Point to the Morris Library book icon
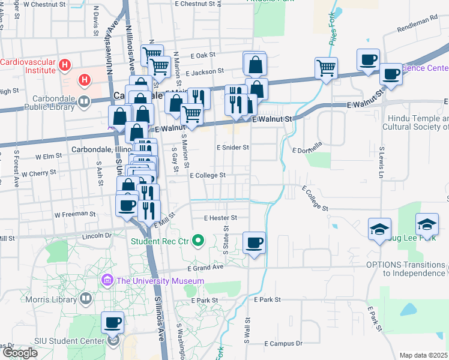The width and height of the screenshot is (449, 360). pos(86,298)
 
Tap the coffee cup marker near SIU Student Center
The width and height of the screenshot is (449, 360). pos(112,323)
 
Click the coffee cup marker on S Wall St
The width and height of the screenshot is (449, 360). pos(254,242)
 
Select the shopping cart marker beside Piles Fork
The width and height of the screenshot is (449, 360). pos(326,68)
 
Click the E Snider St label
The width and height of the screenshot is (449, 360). pos(233,147)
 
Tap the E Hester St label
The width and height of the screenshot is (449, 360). pos(221,218)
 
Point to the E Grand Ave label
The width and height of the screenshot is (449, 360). pos(205,268)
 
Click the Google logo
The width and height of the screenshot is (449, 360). pos(20,353)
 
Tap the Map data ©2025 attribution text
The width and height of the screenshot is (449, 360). pos(424,355)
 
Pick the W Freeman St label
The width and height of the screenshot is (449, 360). pos(74,214)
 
